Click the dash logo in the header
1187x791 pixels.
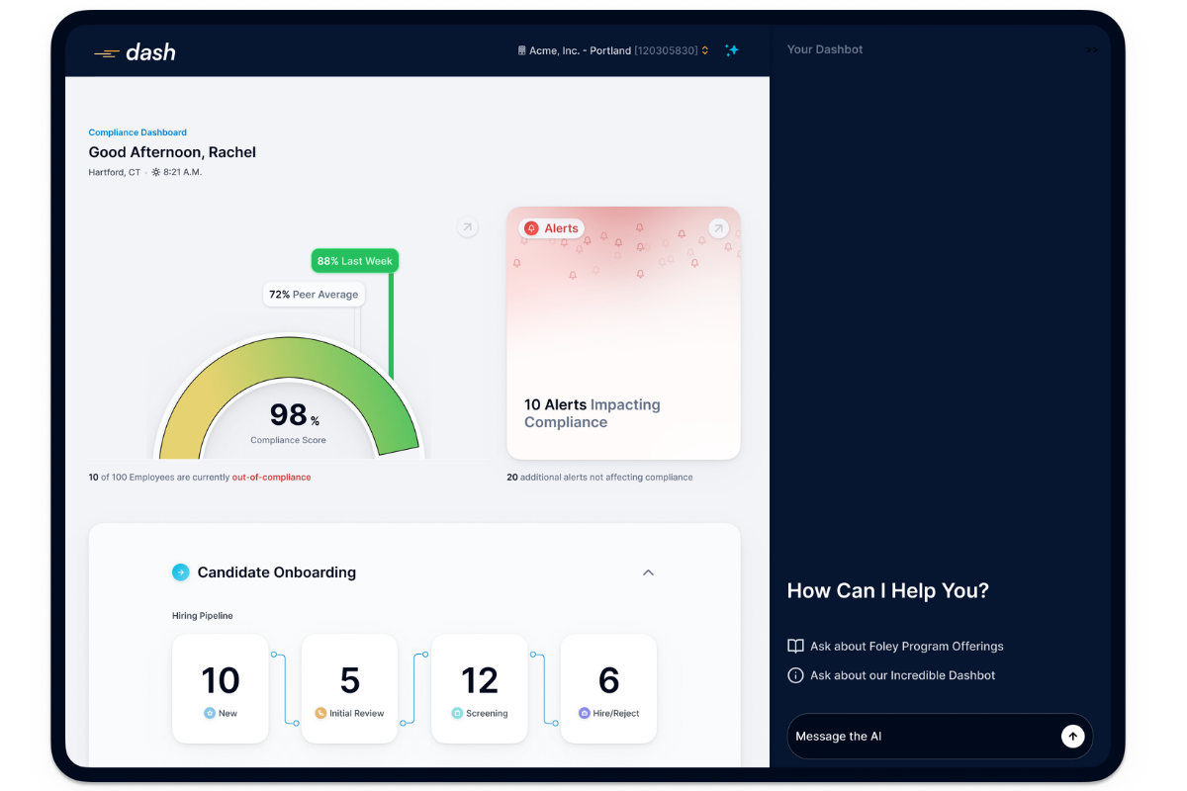135,52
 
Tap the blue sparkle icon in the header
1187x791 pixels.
732,50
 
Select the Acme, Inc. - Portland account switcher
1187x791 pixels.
613,50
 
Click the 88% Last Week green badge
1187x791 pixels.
354,261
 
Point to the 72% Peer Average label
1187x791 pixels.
314,294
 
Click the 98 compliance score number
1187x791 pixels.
288,413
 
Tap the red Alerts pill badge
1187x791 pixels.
551,228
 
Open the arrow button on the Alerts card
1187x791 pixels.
718,228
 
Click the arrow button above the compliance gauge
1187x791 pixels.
467,227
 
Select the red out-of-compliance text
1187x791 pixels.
271,477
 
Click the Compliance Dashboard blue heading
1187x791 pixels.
137,132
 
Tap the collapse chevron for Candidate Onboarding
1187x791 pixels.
648,572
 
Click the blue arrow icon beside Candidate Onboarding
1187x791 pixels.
181,572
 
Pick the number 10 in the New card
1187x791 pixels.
221,679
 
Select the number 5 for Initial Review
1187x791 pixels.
350,679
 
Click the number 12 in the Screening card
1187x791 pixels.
480,679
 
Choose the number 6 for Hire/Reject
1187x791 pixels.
609,679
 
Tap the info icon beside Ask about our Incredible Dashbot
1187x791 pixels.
795,675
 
